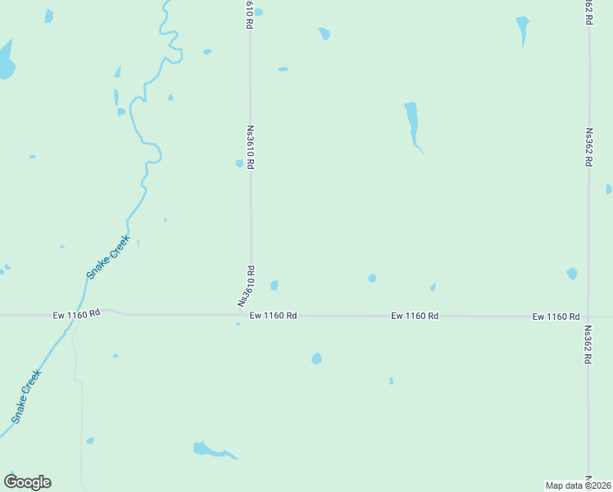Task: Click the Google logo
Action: click(28, 482)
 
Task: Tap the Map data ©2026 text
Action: click(579, 485)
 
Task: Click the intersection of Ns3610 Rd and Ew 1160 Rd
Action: click(251, 313)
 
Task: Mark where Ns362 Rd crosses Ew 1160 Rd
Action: click(588, 316)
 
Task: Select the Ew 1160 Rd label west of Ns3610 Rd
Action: click(76, 313)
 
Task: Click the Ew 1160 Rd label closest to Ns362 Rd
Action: click(556, 317)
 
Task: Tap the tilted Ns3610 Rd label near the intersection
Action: click(247, 286)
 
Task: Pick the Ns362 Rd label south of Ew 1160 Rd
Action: click(588, 347)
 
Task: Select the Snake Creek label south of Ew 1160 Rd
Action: click(26, 397)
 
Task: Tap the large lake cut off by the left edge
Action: click(5, 61)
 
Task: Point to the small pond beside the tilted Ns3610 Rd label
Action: click(274, 285)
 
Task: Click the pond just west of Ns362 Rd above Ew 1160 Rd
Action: click(571, 274)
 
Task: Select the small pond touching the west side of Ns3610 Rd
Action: click(239, 163)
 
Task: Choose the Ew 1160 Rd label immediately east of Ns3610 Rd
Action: click(273, 315)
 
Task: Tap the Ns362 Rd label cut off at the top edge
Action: click(588, 12)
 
